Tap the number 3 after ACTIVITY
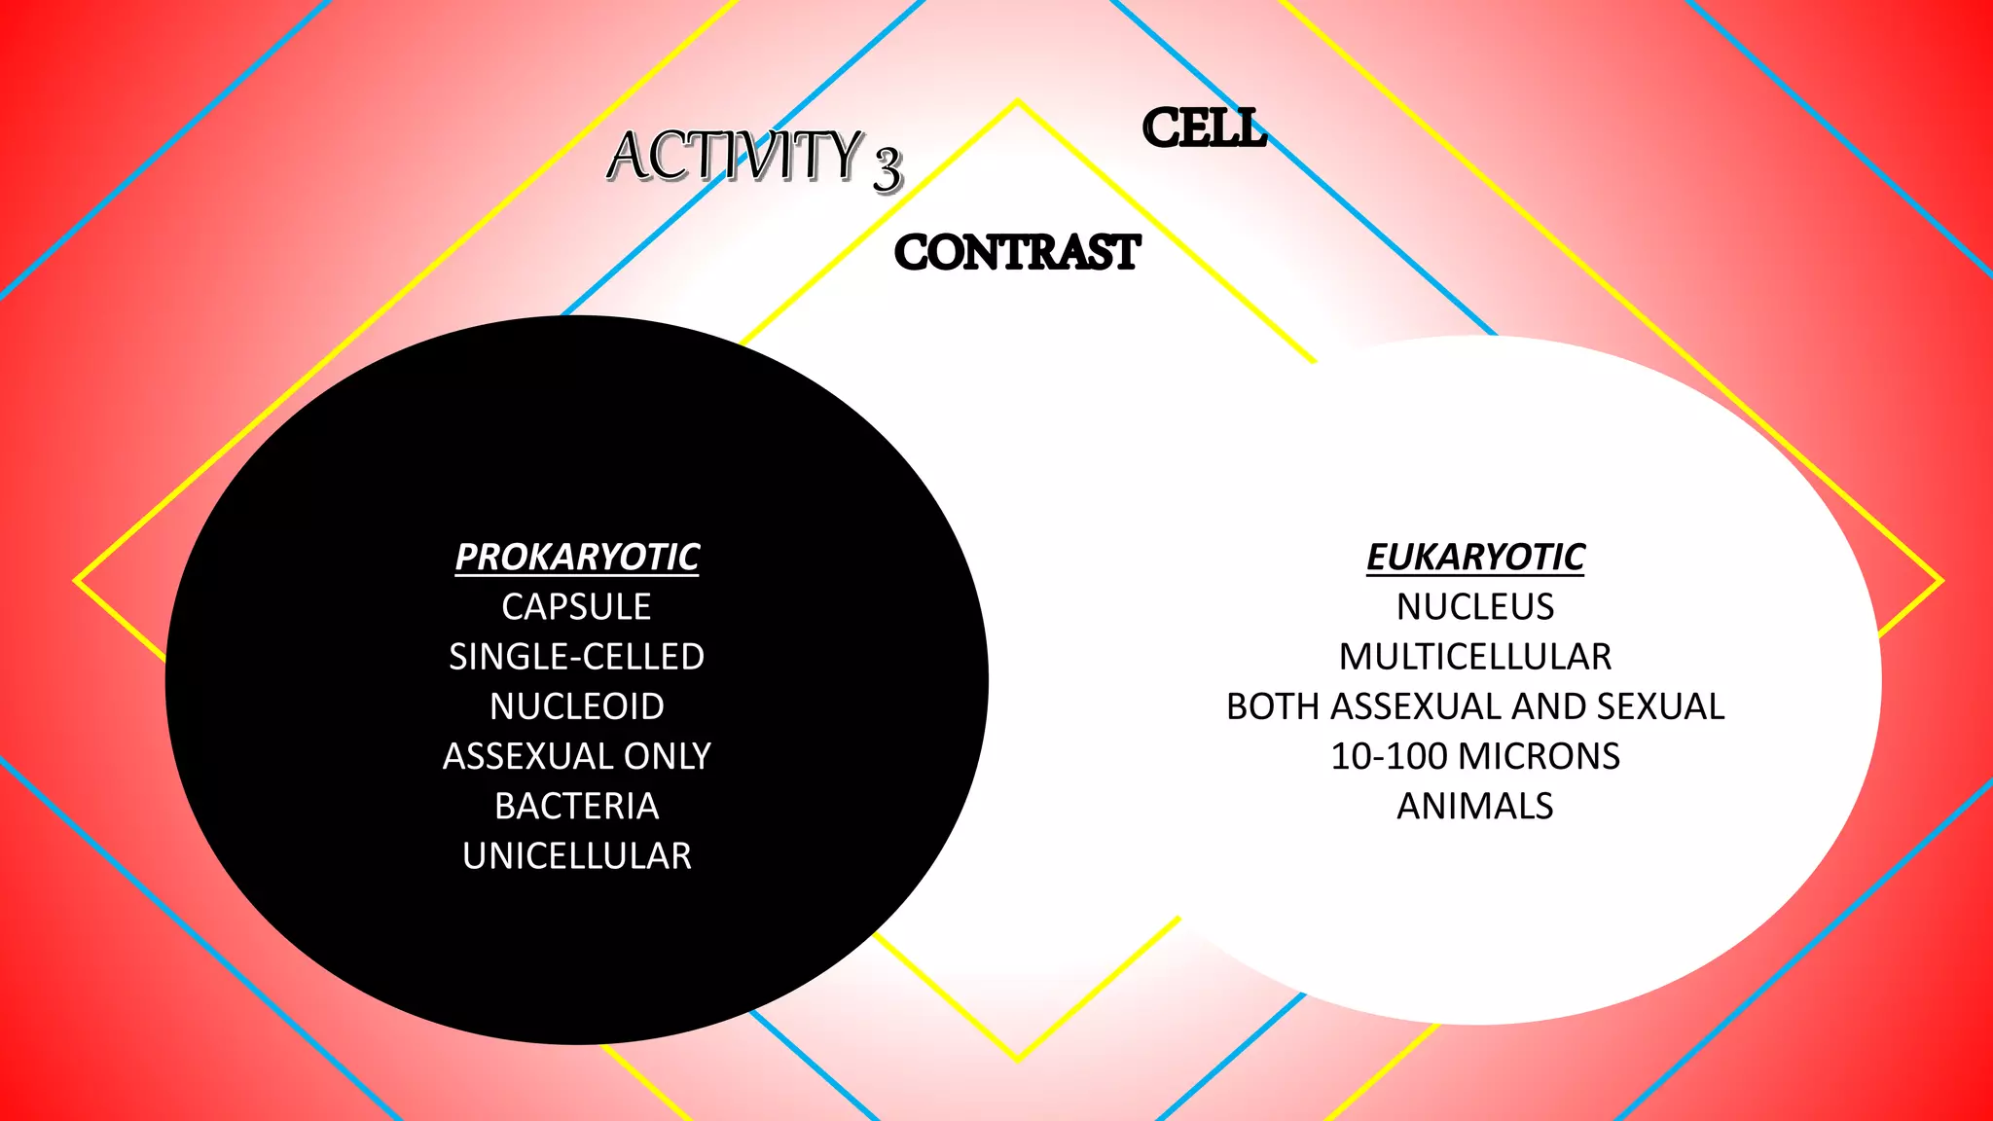coord(887,168)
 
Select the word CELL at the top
coord(1204,128)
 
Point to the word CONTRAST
coord(1016,253)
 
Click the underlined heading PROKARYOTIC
coord(577,557)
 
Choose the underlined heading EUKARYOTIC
coord(1475,557)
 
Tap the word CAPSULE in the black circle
coord(577,607)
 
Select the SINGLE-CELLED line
coord(577,657)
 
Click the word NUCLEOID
coord(577,706)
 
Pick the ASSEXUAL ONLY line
coord(577,756)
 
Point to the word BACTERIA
coord(577,806)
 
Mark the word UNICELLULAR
coord(577,856)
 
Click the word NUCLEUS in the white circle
coord(1475,607)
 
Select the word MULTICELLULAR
coord(1475,657)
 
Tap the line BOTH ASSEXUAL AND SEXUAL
coord(1475,706)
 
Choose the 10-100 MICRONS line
coord(1475,756)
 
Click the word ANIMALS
coord(1475,806)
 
